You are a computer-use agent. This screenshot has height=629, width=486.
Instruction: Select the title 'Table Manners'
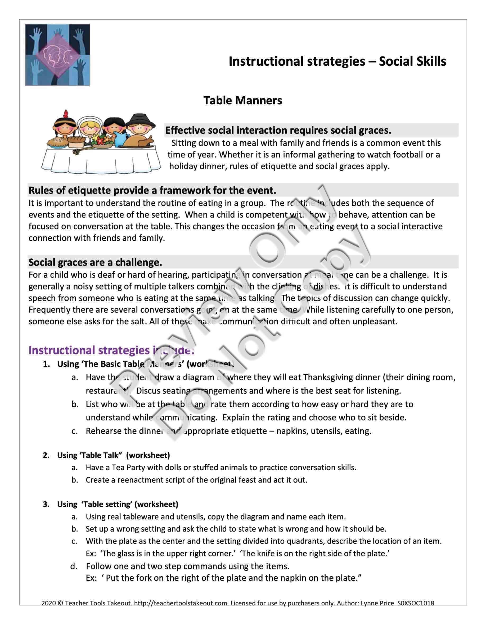242,100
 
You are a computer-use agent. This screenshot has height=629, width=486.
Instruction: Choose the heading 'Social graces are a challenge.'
95,262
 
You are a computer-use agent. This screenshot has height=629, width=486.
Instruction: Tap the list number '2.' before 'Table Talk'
46,455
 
